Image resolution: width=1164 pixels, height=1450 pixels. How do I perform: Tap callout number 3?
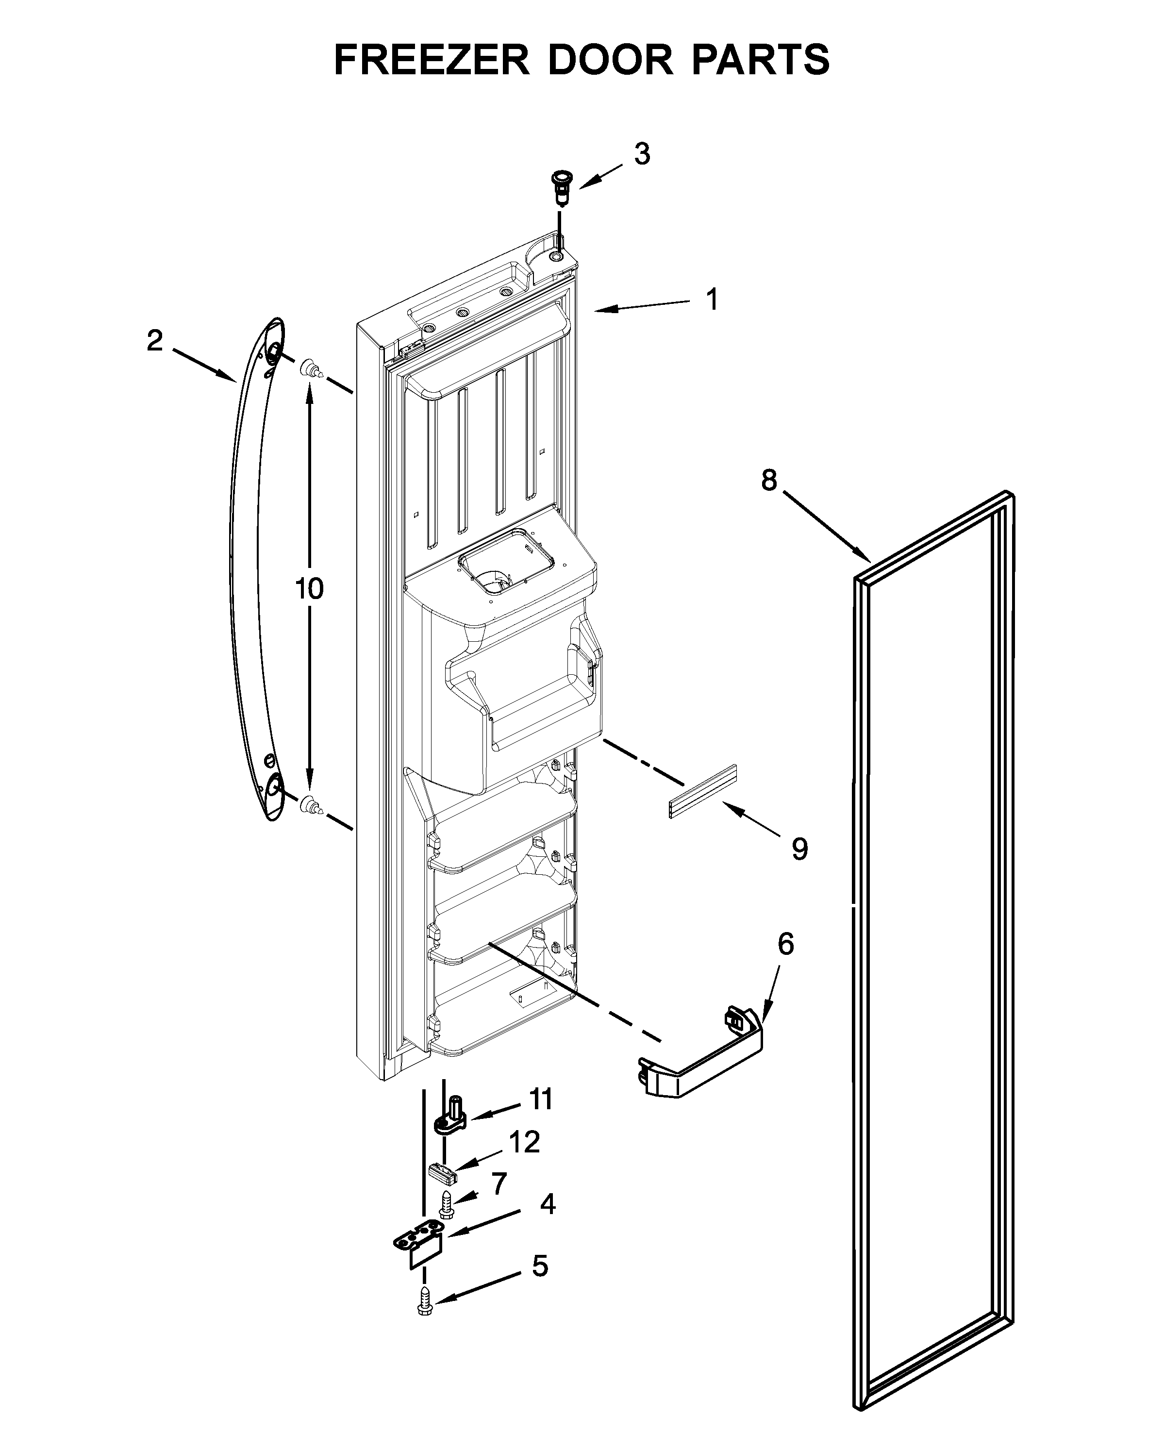[642, 155]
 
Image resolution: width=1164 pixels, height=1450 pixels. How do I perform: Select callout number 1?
[712, 300]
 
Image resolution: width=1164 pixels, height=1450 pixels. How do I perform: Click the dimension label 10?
[309, 588]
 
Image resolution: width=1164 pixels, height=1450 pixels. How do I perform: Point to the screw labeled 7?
[446, 1202]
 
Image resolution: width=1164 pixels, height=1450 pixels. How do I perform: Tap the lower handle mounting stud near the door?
[310, 802]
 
